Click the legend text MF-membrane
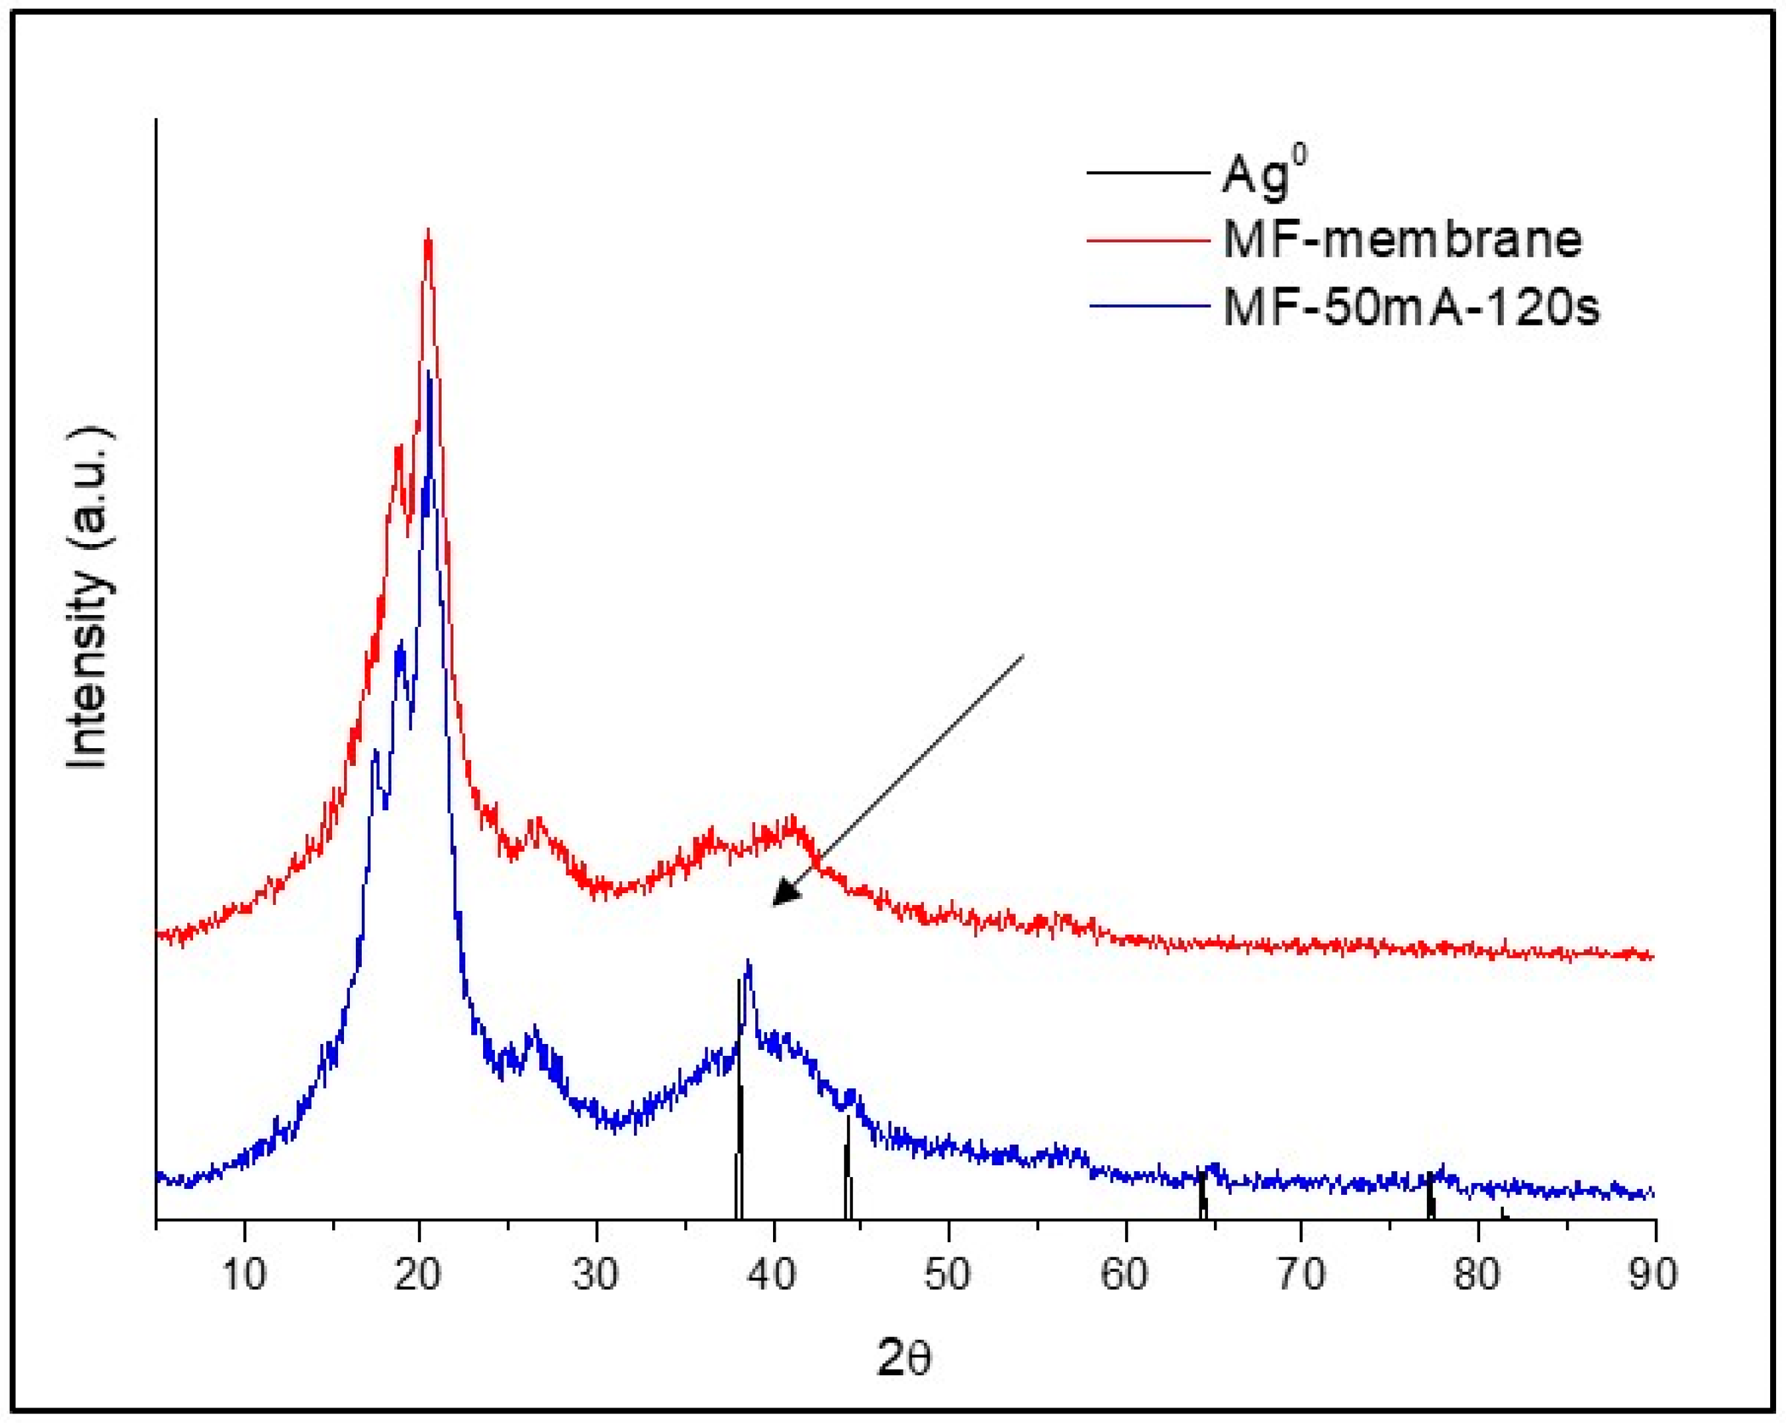1402,240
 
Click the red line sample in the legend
1147,239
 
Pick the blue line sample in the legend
1147,306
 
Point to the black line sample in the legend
1147,173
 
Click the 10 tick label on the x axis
245,1275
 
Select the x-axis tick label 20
418,1275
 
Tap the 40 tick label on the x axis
773,1275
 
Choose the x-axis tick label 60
1124,1275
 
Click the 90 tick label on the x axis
1654,1275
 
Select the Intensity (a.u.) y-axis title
90,598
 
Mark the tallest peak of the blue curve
428,374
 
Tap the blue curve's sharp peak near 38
749,963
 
